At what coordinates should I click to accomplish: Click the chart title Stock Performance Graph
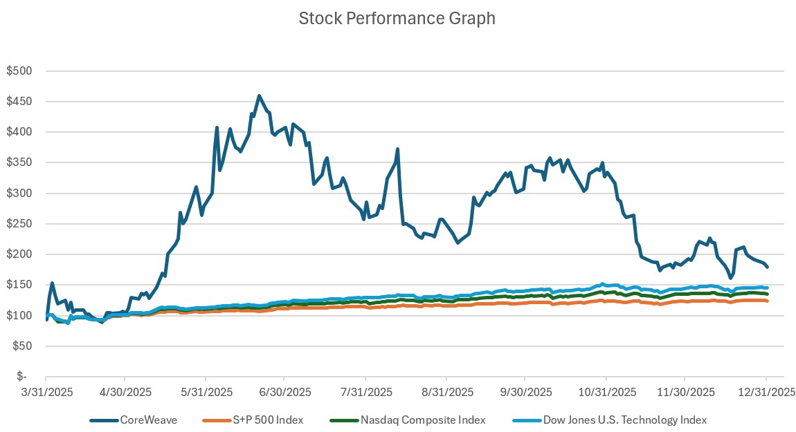(397, 19)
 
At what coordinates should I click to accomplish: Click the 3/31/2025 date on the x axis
(46, 391)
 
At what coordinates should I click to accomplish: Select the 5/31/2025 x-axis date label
(206, 391)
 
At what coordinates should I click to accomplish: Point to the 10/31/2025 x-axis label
(606, 391)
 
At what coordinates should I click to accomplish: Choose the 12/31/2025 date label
(766, 391)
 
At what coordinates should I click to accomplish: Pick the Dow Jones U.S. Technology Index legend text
(624, 420)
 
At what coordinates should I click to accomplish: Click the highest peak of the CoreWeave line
(259, 96)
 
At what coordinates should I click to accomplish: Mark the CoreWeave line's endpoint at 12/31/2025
(767, 267)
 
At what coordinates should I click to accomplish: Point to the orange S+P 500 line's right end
(767, 301)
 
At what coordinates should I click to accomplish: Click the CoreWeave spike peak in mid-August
(397, 149)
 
